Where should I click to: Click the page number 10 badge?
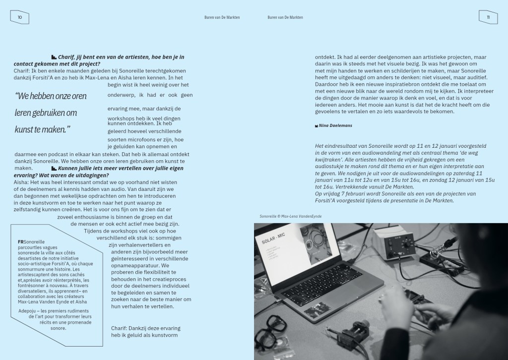point(20,17)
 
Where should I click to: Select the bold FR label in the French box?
point(20,241)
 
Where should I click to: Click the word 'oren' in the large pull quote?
point(77,96)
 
